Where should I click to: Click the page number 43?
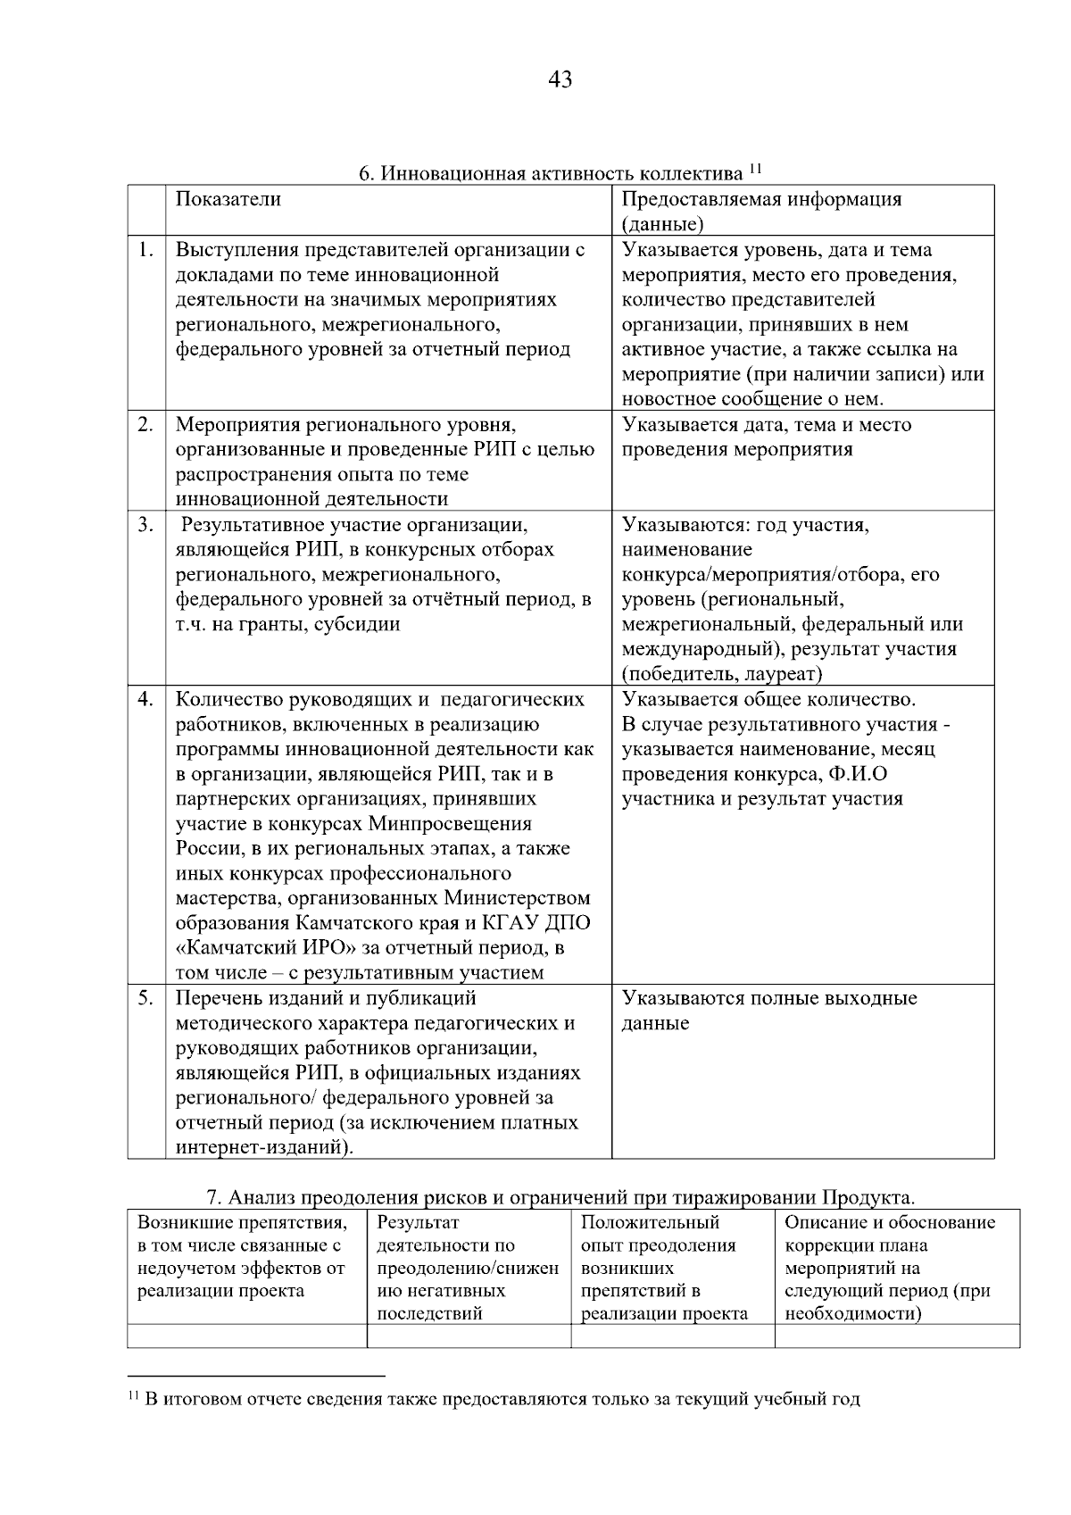[x=560, y=80]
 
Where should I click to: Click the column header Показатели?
[x=228, y=198]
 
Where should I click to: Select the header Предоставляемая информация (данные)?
[x=761, y=211]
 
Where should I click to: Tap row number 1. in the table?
[x=146, y=250]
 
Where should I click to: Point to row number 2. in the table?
[x=146, y=425]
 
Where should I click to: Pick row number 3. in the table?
[x=146, y=525]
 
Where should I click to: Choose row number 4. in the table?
[x=146, y=699]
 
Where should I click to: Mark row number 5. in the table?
[x=146, y=998]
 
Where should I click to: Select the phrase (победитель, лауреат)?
[x=722, y=674]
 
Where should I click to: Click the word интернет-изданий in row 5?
[x=259, y=1147]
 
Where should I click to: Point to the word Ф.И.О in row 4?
[x=858, y=774]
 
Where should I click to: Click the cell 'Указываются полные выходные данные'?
[x=768, y=1011]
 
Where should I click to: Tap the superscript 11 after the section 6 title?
[x=755, y=167]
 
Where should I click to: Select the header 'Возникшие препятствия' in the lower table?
[x=241, y=1223]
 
